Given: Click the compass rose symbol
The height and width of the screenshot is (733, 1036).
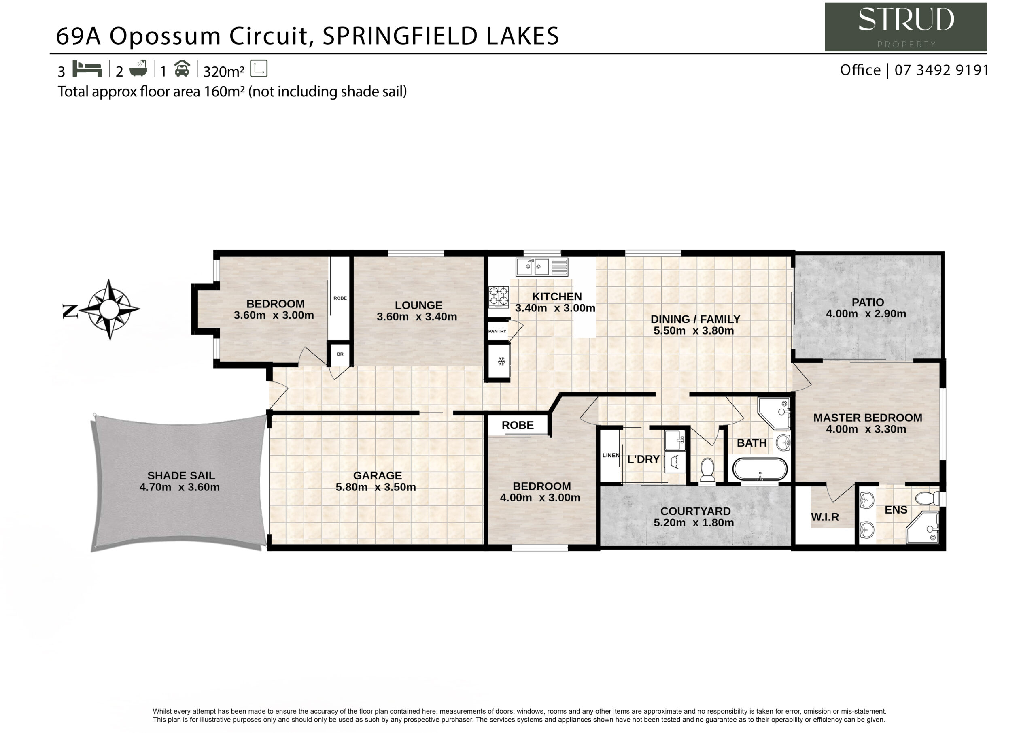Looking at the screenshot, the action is [109, 309].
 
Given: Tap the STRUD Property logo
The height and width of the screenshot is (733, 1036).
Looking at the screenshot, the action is [906, 27].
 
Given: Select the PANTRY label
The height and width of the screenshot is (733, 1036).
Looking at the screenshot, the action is [497, 331].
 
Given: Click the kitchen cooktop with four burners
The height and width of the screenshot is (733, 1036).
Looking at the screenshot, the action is [499, 297].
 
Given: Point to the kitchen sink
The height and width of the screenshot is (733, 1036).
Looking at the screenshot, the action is [542, 267].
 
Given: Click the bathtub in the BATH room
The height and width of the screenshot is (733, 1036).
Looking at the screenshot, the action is [760, 470].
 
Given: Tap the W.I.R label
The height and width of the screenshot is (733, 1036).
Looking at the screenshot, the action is [825, 517].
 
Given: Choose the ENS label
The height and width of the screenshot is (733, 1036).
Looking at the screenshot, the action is [896, 510].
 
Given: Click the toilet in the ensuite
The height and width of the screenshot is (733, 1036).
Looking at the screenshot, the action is [929, 499].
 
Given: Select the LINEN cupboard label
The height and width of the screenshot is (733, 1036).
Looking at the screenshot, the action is [611, 455].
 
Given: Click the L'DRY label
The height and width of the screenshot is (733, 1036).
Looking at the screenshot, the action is [643, 459].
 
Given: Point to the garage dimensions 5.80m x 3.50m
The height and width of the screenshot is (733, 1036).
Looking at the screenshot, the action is [376, 487].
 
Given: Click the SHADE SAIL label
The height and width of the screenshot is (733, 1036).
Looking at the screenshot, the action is [181, 475].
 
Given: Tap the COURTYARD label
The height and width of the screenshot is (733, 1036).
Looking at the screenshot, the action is [695, 511].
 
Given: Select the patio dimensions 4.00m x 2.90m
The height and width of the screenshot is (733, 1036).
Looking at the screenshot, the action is [866, 314].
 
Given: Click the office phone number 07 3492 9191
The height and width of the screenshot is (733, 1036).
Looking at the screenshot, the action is [942, 70].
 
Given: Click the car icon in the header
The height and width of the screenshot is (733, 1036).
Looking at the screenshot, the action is [182, 68].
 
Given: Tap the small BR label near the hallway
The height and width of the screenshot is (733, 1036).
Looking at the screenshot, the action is [340, 354].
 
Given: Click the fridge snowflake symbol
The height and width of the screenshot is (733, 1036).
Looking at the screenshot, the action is [501, 361].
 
